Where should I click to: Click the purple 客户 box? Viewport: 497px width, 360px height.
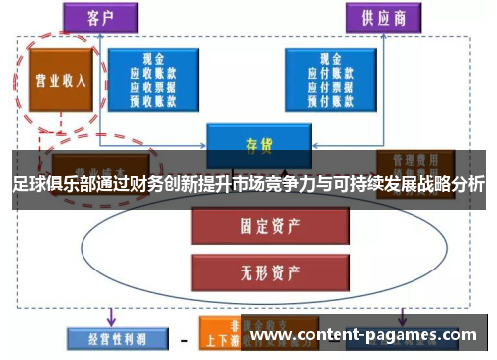click(x=98, y=17)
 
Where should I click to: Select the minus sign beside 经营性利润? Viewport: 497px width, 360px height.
click(x=183, y=336)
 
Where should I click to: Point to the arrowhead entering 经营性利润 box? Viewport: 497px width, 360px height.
click(x=109, y=320)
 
